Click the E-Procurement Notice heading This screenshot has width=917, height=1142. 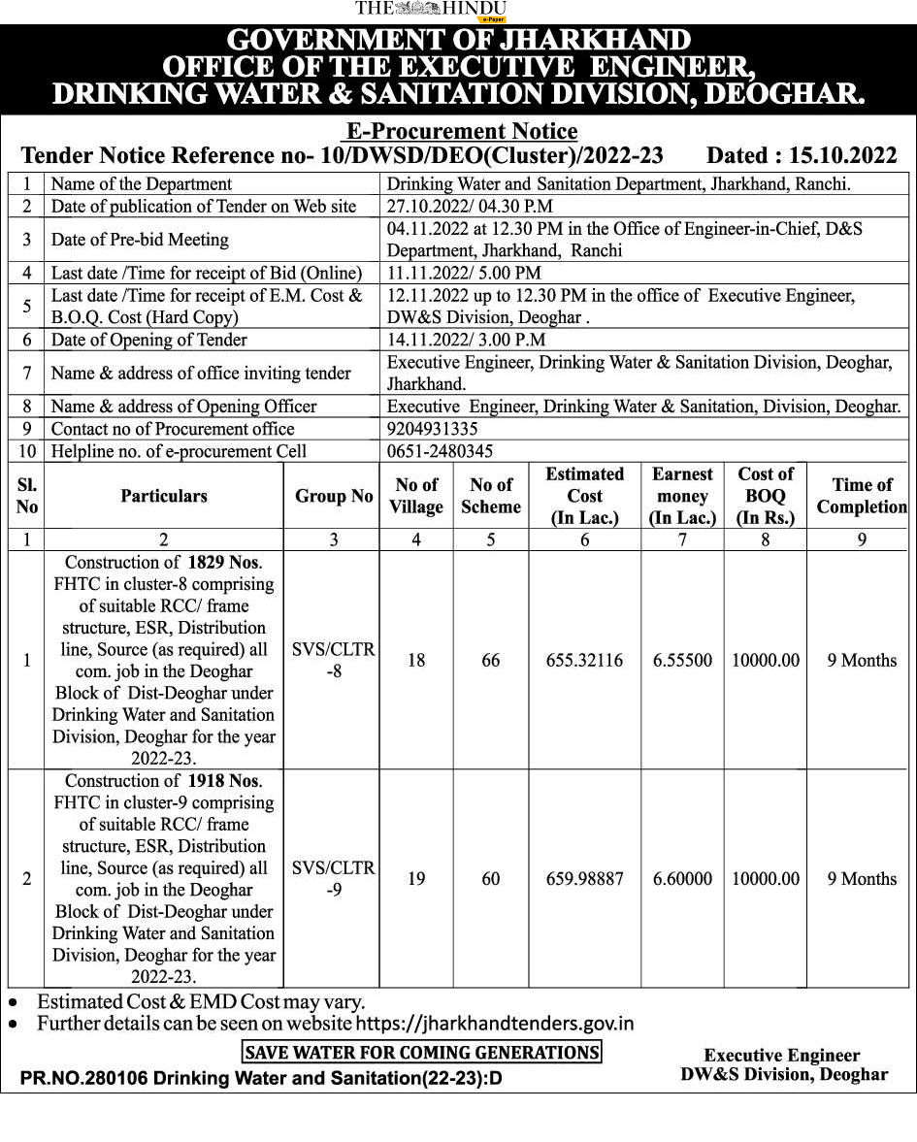[x=462, y=131]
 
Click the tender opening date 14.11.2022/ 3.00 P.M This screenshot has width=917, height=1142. [x=466, y=340]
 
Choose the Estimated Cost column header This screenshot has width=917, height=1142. [x=584, y=496]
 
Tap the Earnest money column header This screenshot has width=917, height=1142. [x=682, y=496]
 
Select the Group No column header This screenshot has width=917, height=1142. [x=334, y=496]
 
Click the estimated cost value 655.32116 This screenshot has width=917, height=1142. [x=584, y=661]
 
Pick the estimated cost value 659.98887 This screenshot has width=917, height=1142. [x=584, y=879]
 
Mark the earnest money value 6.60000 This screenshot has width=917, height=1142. [x=682, y=879]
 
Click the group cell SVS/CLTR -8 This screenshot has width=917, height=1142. [x=333, y=660]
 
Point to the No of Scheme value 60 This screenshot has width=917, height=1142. [x=491, y=879]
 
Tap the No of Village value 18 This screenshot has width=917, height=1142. [x=416, y=661]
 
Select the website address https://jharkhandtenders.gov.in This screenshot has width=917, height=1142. [x=495, y=1024]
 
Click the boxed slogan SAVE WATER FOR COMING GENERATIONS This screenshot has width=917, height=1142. [x=421, y=1052]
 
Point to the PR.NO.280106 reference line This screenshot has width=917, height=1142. [x=261, y=1078]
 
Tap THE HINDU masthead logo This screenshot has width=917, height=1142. [x=431, y=10]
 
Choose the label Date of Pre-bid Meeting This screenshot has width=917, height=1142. [x=140, y=240]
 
